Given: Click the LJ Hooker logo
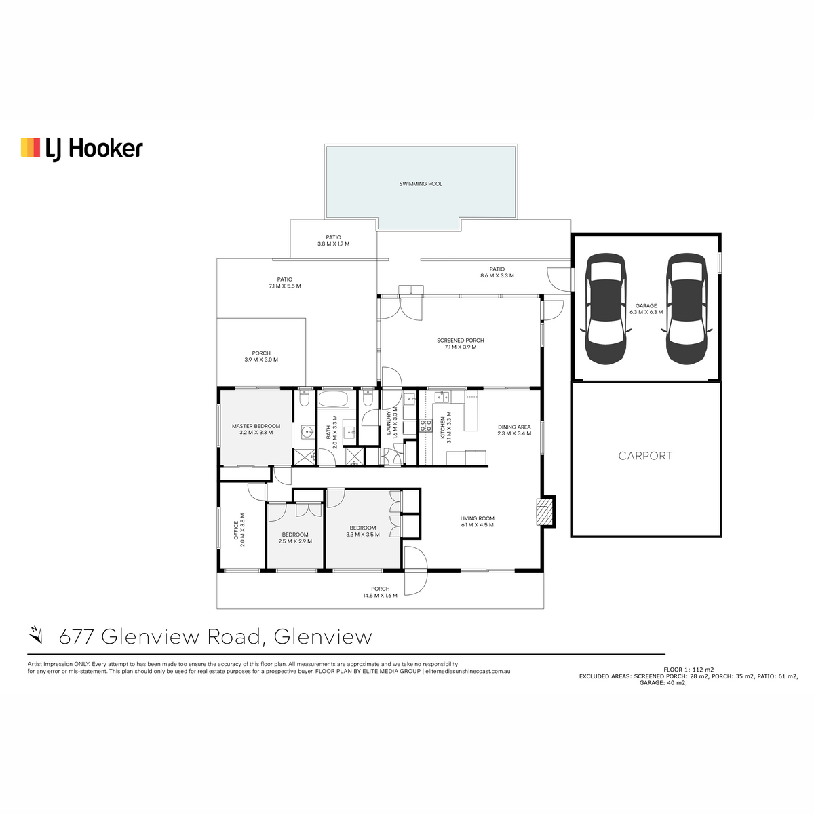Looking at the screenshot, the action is [82, 149].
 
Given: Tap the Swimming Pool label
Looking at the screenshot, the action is [421, 184].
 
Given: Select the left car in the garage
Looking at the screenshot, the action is [605, 309].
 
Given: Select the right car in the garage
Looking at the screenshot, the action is [686, 309].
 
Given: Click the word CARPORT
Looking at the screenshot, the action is [645, 456].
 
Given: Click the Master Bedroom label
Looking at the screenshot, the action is [256, 429].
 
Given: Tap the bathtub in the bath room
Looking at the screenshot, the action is [333, 399].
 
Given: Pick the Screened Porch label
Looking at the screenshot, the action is [461, 343].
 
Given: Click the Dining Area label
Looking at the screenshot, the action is [514, 430].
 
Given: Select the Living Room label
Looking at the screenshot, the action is [478, 521].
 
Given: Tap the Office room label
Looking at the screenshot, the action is [239, 530].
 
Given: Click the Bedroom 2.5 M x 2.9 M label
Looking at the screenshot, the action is [295, 538].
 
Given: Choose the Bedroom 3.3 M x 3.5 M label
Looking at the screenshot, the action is [363, 531].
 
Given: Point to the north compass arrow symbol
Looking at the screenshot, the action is [36, 636].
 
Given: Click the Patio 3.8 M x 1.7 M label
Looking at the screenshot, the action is [333, 241].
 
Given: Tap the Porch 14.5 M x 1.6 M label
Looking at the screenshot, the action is [380, 592].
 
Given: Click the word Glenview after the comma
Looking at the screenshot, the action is [323, 636].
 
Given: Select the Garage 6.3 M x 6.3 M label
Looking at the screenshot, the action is [646, 309].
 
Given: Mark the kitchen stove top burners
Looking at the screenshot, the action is [426, 425].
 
